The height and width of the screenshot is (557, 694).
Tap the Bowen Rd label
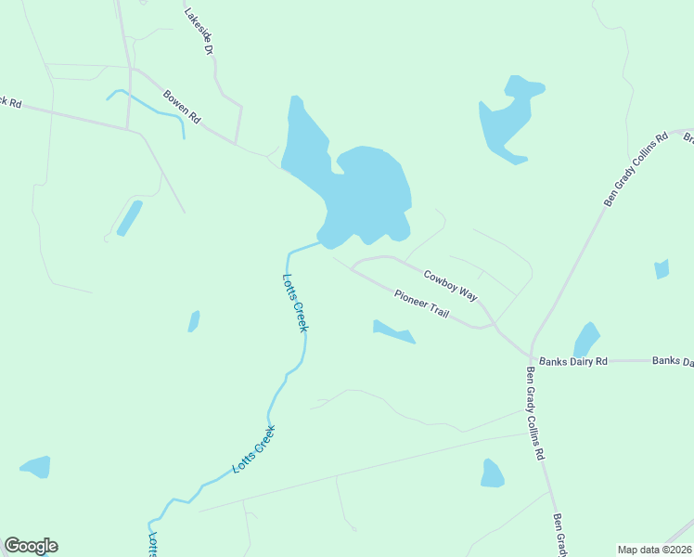182,106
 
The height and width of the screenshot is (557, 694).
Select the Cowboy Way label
450,285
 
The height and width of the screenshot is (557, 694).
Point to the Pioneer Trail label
421,304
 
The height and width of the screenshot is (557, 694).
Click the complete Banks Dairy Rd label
573,361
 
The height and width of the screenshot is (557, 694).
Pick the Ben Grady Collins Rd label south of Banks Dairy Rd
534,414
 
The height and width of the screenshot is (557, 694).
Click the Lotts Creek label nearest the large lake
295,303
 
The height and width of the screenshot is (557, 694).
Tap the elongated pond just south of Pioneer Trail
392,331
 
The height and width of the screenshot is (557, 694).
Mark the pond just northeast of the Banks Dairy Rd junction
586,339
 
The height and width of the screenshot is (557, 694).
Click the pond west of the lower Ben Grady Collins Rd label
492,473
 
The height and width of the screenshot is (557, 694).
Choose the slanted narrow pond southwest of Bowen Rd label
129,218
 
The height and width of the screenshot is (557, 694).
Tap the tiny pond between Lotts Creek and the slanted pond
194,321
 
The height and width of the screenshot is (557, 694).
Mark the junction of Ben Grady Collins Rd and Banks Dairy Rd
531,357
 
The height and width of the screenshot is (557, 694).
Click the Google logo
31,546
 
